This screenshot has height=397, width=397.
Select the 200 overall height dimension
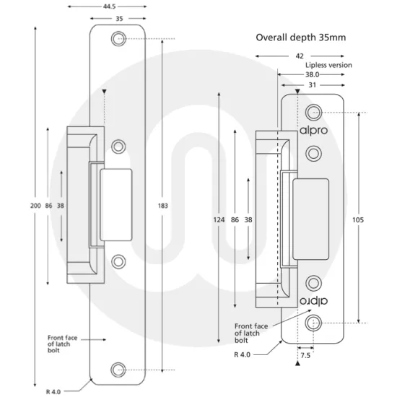pos(35,206)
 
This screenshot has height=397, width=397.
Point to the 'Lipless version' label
pos(328,65)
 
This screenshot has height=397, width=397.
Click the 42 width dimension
pos(298,55)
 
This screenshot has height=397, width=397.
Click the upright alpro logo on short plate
pos(314,131)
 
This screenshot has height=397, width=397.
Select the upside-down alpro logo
pos(314,300)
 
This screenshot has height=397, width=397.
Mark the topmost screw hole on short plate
pos(313,112)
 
